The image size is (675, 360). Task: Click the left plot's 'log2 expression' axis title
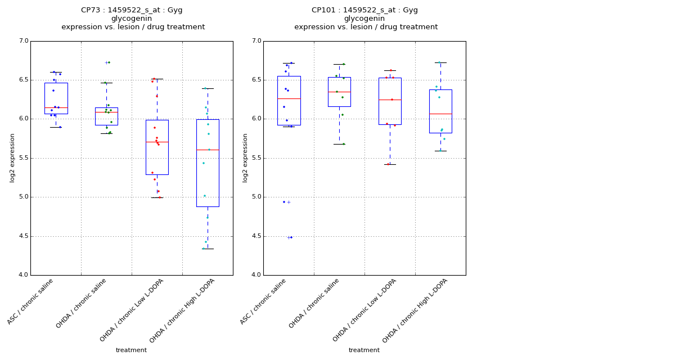pyautogui.click(x=12, y=157)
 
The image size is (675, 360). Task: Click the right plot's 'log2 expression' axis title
pyautogui.click(x=245, y=157)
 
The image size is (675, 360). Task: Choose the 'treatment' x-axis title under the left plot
pyautogui.click(x=131, y=350)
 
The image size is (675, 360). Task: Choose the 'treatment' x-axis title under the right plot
pyautogui.click(x=364, y=350)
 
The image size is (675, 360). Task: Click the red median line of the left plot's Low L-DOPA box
pyautogui.click(x=157, y=142)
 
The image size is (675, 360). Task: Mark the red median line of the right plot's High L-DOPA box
pyautogui.click(x=440, y=114)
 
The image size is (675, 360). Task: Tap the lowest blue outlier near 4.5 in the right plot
pyautogui.click(x=290, y=237)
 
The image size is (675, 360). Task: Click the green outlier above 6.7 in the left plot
pyautogui.click(x=108, y=62)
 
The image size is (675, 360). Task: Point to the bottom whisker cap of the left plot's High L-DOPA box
pyautogui.click(x=208, y=249)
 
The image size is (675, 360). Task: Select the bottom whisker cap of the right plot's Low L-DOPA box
pyautogui.click(x=390, y=164)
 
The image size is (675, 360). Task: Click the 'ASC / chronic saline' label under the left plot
pyautogui.click(x=31, y=301)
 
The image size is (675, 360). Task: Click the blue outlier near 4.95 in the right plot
pyautogui.click(x=284, y=202)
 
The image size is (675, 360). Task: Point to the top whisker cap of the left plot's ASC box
pyautogui.click(x=56, y=72)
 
